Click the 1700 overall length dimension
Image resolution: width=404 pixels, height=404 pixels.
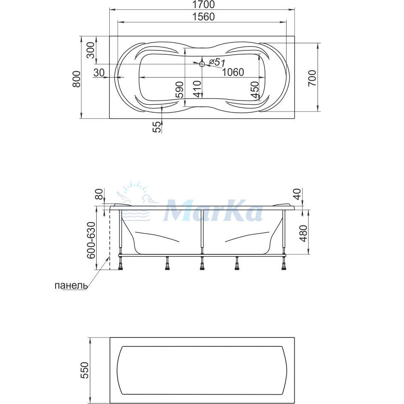tap(203, 5)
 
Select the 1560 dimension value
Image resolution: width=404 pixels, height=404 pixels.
tap(203, 17)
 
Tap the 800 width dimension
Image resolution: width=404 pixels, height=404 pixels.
tap(77, 79)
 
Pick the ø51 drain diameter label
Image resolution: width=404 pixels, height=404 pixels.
tap(217, 62)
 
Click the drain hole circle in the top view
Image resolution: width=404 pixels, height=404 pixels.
tap(202, 64)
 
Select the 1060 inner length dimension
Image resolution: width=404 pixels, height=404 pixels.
tap(233, 72)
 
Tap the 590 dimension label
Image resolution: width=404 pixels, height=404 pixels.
tap(179, 89)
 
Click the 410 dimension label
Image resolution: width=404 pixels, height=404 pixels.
tap(198, 89)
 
